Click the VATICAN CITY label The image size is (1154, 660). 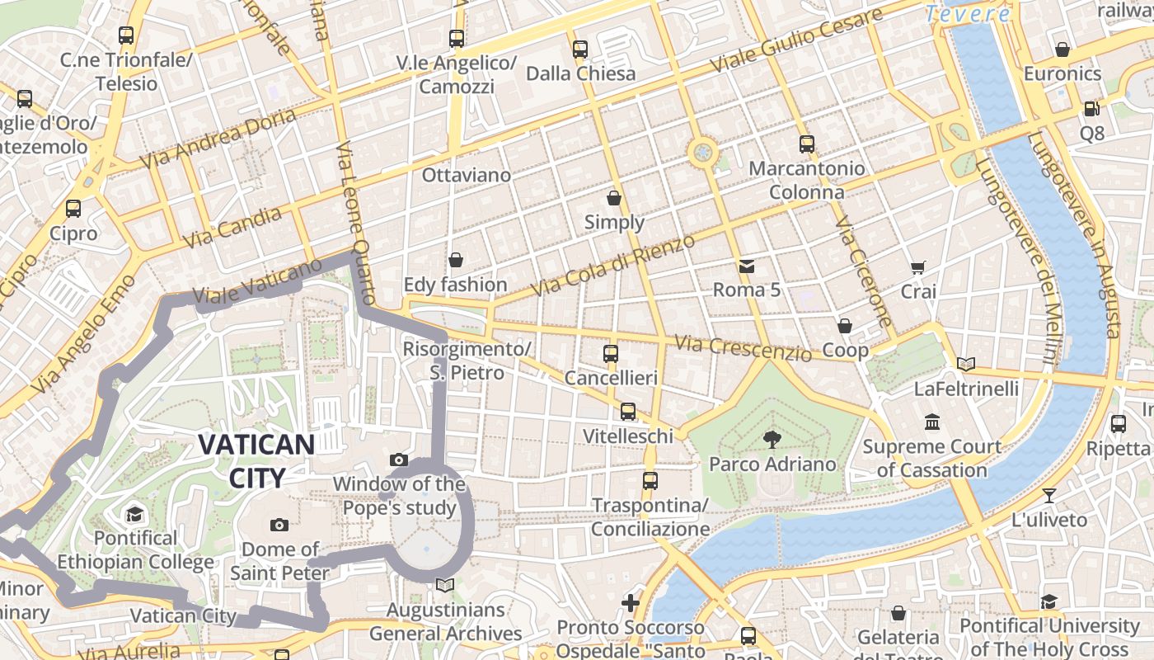tap(256, 460)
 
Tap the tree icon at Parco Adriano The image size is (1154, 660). tap(772, 439)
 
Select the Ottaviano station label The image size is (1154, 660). tap(467, 175)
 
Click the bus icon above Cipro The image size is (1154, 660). tap(73, 208)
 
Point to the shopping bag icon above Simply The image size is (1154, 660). tap(614, 198)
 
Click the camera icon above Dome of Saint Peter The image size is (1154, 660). tap(279, 525)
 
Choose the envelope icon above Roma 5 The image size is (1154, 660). tap(747, 266)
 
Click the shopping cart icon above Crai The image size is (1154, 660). tap(917, 267)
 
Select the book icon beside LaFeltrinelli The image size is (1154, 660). tap(966, 364)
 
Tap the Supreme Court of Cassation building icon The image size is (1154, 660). tap(932, 422)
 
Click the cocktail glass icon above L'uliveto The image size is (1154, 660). tap(1048, 496)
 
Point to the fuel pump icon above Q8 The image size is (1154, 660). tap(1091, 108)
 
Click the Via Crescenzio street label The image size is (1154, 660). tap(743, 348)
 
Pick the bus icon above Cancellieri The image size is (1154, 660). tap(611, 354)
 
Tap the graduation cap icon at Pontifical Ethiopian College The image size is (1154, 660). tap(134, 516)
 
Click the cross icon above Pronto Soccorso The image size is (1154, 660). tap(631, 603)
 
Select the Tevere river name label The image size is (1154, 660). tap(968, 13)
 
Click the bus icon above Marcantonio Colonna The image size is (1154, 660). tap(807, 144)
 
